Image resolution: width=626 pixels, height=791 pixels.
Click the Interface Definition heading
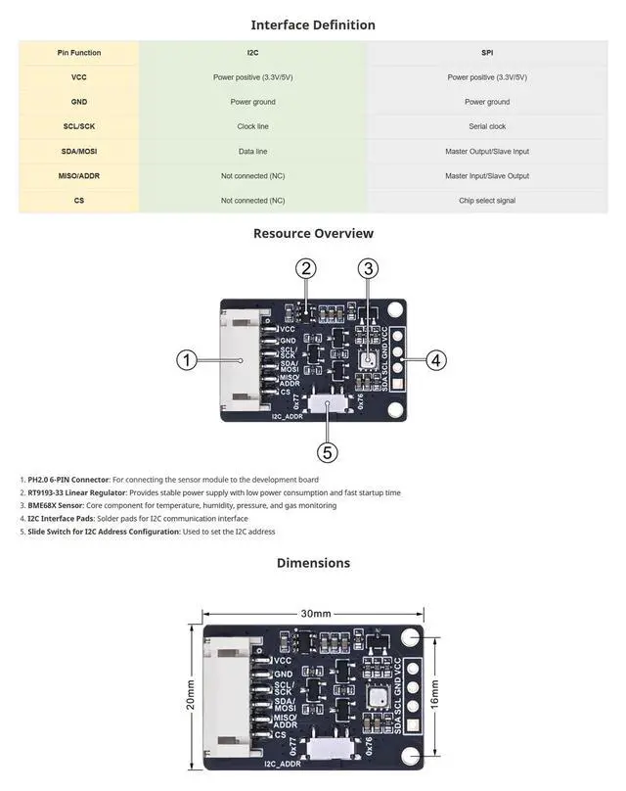(x=313, y=25)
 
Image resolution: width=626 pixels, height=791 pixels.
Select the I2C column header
(x=252, y=53)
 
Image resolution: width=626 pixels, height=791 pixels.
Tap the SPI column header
(x=486, y=53)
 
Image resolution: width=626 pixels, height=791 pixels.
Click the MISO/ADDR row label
(x=78, y=176)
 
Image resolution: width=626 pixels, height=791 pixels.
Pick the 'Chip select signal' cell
(x=486, y=201)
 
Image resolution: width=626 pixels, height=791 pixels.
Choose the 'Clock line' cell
(x=252, y=126)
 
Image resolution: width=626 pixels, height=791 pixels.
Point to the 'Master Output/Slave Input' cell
(x=486, y=152)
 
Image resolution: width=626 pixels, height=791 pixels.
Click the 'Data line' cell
(x=252, y=152)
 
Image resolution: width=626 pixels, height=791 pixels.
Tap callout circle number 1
(x=189, y=360)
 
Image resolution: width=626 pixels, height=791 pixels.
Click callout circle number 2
(x=307, y=268)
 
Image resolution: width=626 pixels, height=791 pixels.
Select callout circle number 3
(x=368, y=268)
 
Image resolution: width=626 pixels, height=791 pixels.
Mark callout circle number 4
(x=436, y=360)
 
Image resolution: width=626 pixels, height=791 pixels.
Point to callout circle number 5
(x=328, y=452)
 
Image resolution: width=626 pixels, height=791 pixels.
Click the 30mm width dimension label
(x=314, y=614)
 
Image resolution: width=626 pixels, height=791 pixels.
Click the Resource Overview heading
(x=313, y=233)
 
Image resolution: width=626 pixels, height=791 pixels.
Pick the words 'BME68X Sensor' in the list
(x=60, y=505)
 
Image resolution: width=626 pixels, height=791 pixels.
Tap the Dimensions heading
(x=313, y=563)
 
